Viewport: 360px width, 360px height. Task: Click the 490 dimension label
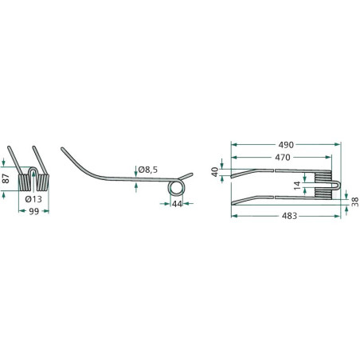[x=286, y=145]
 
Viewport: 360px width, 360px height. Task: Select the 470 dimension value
[x=283, y=158]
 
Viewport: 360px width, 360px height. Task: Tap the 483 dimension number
[x=289, y=216]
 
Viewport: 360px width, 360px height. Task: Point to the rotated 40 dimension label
[x=215, y=172]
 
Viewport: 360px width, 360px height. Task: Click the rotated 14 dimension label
[x=297, y=186]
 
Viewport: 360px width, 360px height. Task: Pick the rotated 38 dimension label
[x=355, y=202]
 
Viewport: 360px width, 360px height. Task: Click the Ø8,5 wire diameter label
[x=147, y=170]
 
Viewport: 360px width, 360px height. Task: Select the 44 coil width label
[x=177, y=204]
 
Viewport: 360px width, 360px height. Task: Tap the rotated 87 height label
[x=6, y=178]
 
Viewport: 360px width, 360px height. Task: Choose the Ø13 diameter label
[x=33, y=199]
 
